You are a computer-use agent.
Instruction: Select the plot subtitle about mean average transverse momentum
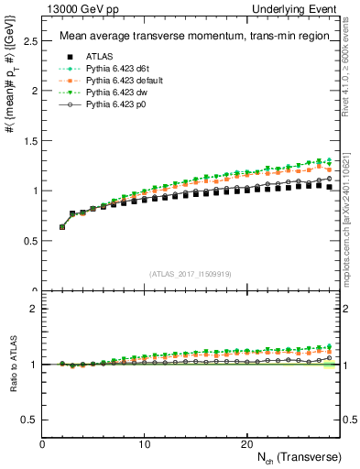tap(190, 37)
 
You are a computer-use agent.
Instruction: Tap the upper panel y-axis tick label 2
tap(34, 92)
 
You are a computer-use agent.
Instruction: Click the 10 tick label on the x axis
tap(144, 444)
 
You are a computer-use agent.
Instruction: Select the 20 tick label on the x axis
tap(245, 444)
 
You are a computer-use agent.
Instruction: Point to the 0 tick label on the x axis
tap(42, 444)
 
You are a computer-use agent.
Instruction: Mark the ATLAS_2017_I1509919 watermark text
tap(190, 273)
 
